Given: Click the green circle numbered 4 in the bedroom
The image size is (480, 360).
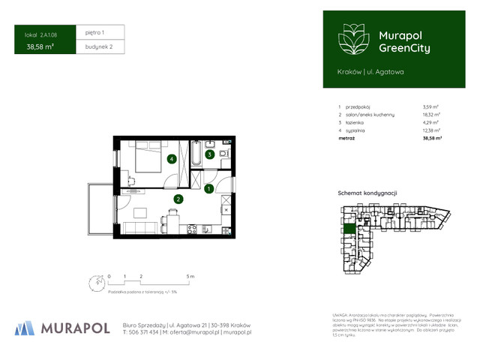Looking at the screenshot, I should click(172, 158).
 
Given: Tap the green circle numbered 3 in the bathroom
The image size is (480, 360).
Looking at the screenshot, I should click(211, 155).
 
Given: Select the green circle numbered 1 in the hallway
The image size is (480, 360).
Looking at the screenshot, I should click(210, 188).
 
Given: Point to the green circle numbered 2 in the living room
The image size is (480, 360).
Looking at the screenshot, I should click(178, 199).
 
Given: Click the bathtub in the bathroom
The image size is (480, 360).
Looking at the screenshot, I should click(195, 154).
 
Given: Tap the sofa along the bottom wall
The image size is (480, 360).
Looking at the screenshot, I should click(140, 228).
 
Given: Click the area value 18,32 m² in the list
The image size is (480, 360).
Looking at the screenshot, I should click(431, 114).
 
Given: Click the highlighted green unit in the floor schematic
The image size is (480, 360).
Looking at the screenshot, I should click(349, 229).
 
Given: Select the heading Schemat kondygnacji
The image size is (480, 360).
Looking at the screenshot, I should click(367, 193).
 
